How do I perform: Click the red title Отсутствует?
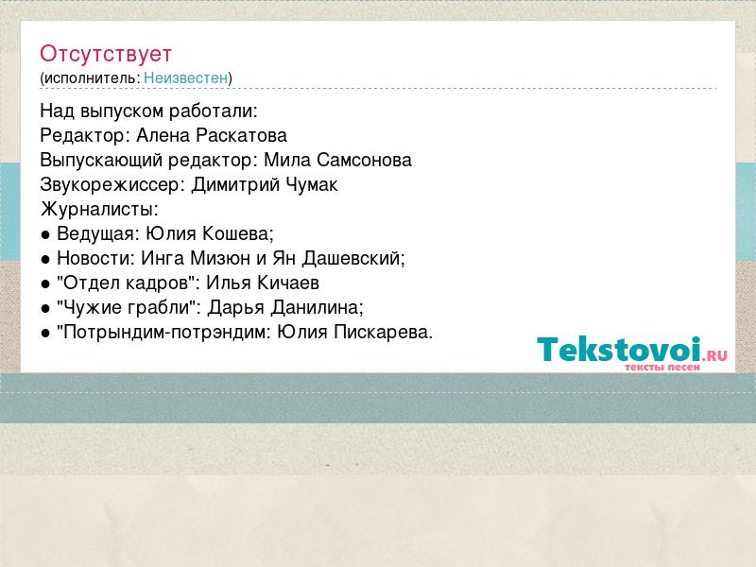[x=106, y=54]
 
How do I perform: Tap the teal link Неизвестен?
[x=185, y=77]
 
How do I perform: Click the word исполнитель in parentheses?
[x=92, y=78]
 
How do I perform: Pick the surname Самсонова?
[x=364, y=160]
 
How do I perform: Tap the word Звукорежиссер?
[x=110, y=185]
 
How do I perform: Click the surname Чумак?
[x=312, y=184]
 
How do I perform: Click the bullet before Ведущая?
[x=45, y=235]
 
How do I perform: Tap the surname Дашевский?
[x=352, y=258]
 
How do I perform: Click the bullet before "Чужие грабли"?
[x=45, y=309]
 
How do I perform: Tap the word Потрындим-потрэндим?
[x=163, y=333]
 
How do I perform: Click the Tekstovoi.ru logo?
[x=632, y=353]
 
